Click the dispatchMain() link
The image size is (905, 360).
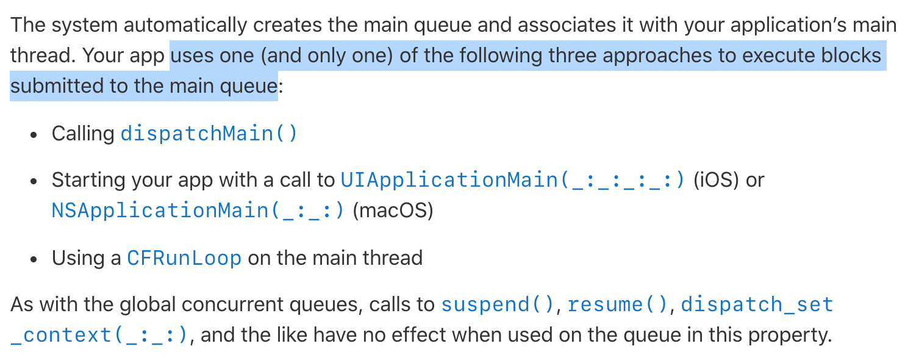coord(209,133)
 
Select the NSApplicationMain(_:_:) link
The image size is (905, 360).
coord(198,211)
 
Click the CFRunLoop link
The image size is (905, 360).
coord(184,258)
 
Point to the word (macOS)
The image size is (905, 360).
coord(393,211)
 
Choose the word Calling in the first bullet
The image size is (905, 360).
coord(83,133)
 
